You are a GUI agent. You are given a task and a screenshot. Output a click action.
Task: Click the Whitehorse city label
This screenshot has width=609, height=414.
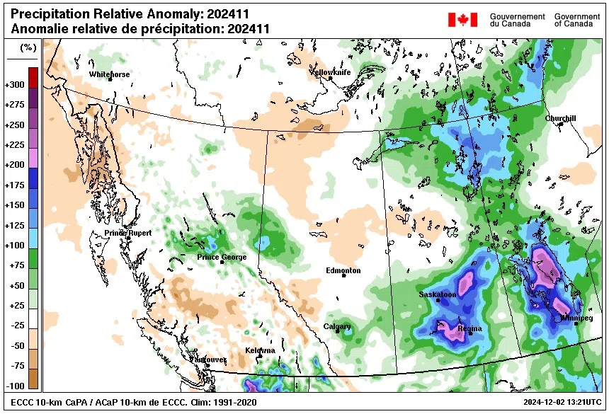[x=109, y=74]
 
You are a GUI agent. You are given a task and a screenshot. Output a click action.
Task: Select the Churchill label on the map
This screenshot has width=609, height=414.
[x=561, y=119]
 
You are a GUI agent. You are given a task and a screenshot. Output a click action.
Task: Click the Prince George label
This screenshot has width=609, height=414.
[x=222, y=257]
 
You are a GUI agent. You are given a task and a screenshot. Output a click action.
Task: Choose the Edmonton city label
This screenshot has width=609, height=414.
[x=343, y=270]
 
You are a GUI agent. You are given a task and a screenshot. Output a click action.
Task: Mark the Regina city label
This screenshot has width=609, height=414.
[x=469, y=328]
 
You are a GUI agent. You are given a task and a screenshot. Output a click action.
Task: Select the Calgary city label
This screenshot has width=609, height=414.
[x=337, y=326]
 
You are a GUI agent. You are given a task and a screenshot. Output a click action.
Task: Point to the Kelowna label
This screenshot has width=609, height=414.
[x=259, y=351]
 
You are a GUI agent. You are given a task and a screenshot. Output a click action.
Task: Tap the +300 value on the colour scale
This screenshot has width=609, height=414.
[x=15, y=84]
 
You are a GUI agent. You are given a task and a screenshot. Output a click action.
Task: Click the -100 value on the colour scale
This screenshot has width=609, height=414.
[x=15, y=385]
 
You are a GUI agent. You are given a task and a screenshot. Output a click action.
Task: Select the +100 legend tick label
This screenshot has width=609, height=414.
[x=15, y=245]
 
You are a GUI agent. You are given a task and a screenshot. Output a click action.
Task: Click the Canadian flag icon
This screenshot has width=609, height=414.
[x=462, y=20]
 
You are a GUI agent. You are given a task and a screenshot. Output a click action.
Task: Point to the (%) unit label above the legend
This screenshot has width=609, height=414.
[x=28, y=48]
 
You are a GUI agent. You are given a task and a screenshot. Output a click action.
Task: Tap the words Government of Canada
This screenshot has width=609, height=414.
[x=578, y=20]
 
